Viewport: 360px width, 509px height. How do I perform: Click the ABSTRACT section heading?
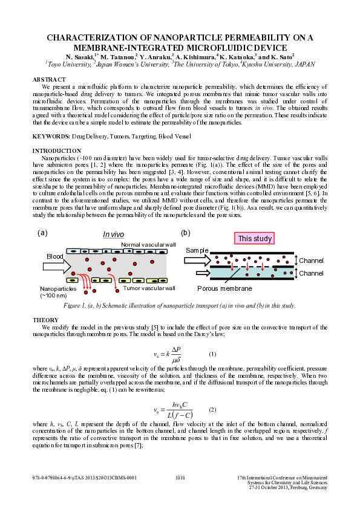pyautogui.click(x=49, y=80)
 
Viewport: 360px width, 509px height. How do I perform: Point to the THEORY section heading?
pyautogui.click(x=45, y=319)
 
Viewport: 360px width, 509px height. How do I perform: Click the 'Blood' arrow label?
pyautogui.click(x=55, y=257)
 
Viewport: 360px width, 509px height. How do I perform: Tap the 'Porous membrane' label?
pyautogui.click(x=224, y=289)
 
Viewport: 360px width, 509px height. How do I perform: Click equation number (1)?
pyautogui.click(x=212, y=354)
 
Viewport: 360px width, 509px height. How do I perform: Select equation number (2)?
pyautogui.click(x=212, y=410)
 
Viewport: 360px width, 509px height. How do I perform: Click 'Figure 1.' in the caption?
pyautogui.click(x=79, y=306)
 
